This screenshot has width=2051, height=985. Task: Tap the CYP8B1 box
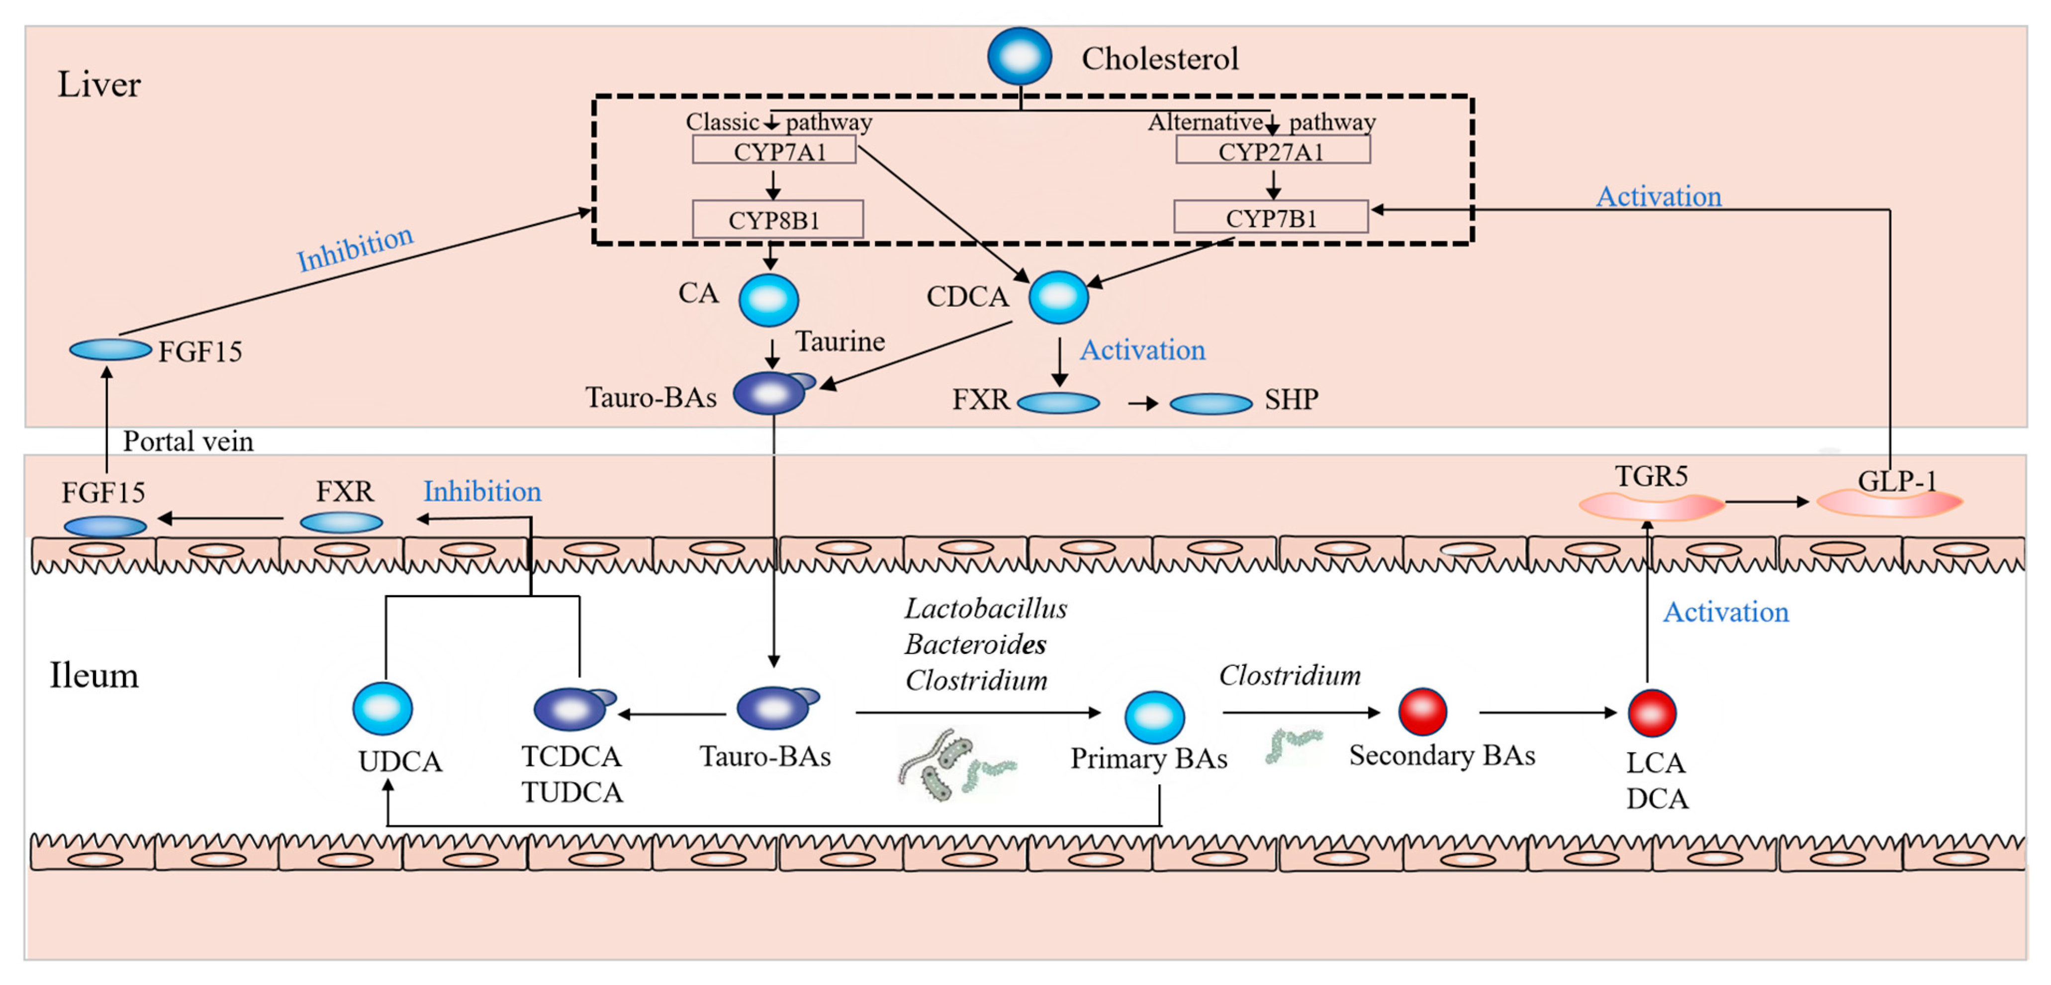point(777,219)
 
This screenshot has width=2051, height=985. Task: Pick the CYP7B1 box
point(1271,217)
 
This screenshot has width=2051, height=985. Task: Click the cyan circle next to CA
point(768,300)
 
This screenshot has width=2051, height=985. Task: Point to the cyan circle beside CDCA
point(1058,297)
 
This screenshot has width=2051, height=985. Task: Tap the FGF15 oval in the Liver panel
point(110,350)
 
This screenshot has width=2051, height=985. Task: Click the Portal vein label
point(188,441)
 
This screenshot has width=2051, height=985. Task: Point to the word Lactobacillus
point(985,609)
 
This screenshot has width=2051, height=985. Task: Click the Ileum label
point(94,675)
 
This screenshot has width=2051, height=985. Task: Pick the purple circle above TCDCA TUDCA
point(570,709)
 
